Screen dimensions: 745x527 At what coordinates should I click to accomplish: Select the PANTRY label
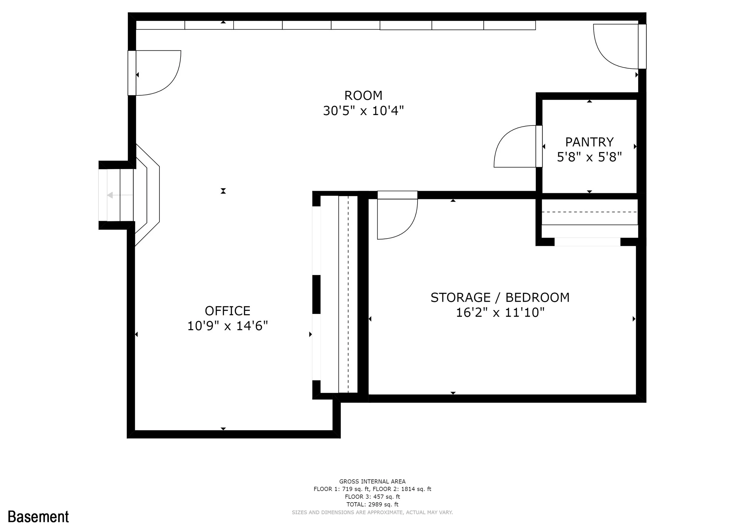tap(589, 142)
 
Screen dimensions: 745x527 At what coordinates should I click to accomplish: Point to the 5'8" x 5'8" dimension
tap(589, 157)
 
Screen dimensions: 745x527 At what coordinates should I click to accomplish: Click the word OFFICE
tap(227, 311)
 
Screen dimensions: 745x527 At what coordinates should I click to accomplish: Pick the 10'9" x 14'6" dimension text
tap(227, 326)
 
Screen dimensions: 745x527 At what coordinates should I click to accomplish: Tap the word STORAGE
tap(460, 297)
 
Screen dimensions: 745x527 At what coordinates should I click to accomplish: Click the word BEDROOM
tap(537, 297)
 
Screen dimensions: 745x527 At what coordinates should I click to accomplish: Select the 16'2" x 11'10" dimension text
tap(500, 312)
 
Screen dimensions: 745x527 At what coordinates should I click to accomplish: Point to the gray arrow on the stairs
tap(120, 195)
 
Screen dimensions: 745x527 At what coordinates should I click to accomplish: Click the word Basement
tap(38, 516)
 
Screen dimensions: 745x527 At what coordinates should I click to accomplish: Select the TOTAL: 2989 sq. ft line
tap(372, 504)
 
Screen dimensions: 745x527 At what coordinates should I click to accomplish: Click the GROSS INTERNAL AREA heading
tap(372, 482)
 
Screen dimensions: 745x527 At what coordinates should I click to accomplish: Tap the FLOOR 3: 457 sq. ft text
tap(372, 497)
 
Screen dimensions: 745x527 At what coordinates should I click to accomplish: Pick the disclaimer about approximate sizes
tap(372, 512)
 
